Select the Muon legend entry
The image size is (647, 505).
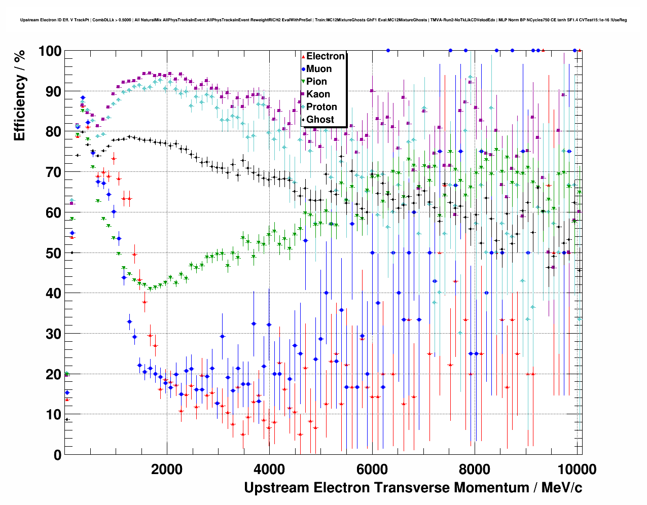coord(319,69)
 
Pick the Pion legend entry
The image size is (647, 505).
coord(316,82)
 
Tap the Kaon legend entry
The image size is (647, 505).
coord(318,94)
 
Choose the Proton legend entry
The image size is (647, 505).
coord(321,107)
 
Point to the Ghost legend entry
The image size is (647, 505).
coord(320,120)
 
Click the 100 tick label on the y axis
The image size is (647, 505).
coord(49,51)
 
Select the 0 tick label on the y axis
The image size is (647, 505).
coord(57,455)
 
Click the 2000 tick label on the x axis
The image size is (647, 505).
coord(167,469)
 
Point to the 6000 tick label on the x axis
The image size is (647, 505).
coord(372,469)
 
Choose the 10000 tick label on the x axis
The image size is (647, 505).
coord(576,469)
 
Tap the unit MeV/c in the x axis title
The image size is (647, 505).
coord(561,488)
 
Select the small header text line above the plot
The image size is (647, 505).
coord(323,20)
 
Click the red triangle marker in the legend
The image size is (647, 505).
coord(303,57)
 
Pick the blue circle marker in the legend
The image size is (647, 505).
coord(303,69)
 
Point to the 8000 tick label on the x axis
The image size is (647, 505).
coord(474,469)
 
